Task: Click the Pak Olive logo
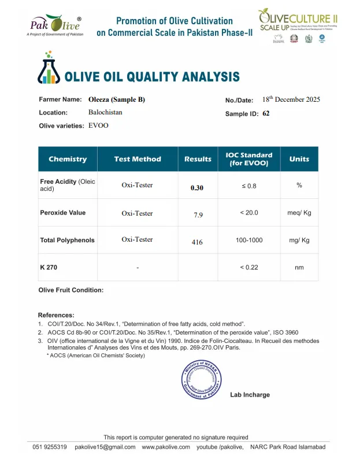click(x=55, y=25)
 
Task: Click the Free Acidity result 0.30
click(x=197, y=188)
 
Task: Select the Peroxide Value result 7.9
click(x=198, y=215)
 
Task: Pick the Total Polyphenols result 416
click(x=197, y=242)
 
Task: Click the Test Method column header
click(x=138, y=159)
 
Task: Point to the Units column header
click(x=299, y=159)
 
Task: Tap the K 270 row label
click(x=49, y=267)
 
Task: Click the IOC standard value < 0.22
click(x=248, y=267)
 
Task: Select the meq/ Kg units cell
click(x=299, y=213)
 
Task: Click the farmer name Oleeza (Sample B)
click(x=117, y=99)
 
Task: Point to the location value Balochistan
click(x=105, y=112)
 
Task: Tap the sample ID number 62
click(x=266, y=114)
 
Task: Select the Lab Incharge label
click(x=250, y=395)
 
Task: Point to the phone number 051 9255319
click(x=49, y=447)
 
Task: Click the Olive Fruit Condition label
click(x=71, y=290)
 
